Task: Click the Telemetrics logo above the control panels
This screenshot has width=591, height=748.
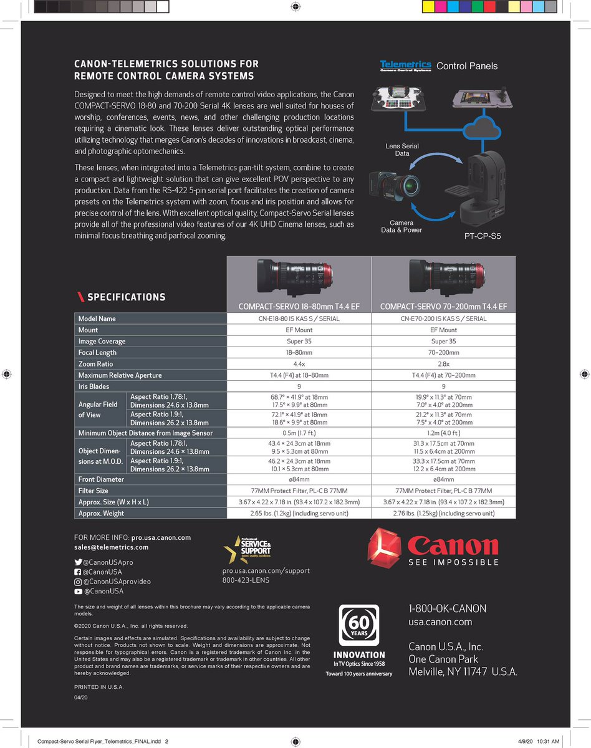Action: point(405,65)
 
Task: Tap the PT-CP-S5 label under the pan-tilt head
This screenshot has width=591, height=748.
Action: point(483,236)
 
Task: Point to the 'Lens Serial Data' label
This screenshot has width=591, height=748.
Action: point(403,150)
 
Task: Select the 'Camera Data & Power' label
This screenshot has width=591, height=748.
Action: point(401,226)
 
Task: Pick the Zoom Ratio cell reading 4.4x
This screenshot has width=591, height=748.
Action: point(299,364)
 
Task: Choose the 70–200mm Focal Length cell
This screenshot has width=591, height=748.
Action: point(443,353)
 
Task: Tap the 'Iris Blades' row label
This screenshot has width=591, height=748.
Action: point(94,386)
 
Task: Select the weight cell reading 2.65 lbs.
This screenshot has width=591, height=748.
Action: point(299,513)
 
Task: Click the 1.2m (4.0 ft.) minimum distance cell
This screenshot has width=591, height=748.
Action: point(443,433)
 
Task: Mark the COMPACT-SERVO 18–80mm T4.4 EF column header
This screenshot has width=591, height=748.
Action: point(299,307)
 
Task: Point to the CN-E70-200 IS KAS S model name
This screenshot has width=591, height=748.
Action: point(443,319)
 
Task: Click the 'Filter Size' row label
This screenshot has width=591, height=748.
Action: point(94,491)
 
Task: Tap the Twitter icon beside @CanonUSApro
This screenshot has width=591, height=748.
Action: point(78,562)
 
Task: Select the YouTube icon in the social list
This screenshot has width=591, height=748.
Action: point(78,591)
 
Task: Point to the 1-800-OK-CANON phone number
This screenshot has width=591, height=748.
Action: point(448,608)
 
